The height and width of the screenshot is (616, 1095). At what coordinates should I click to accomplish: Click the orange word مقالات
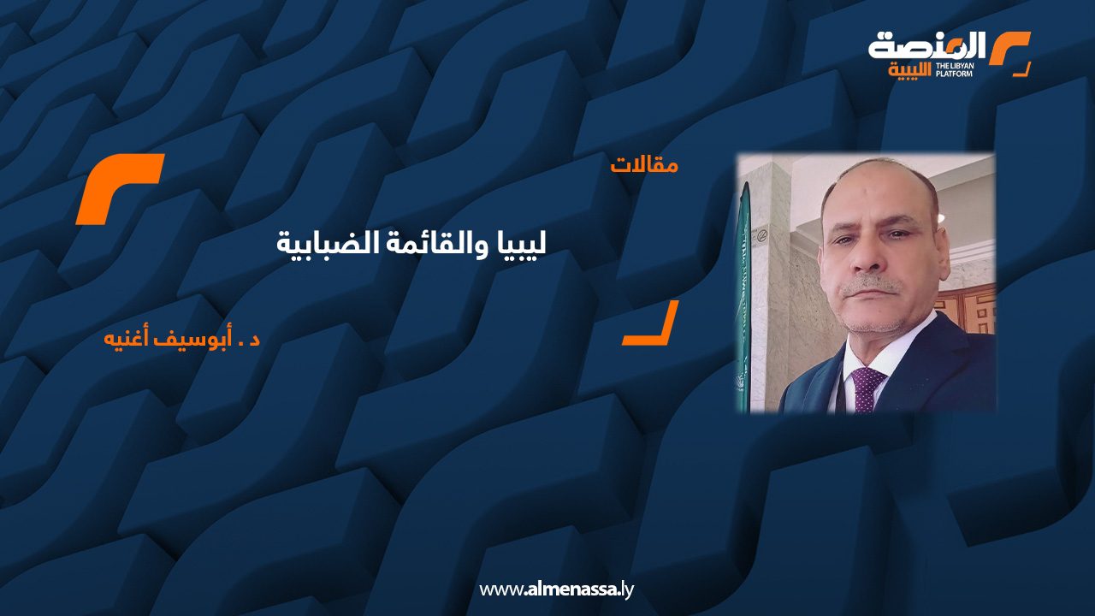click(644, 164)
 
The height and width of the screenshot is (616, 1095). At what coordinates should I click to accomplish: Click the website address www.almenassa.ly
click(556, 589)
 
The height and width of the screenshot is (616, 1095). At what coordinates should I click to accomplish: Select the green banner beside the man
click(744, 299)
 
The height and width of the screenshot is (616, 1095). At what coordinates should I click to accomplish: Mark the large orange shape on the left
click(119, 188)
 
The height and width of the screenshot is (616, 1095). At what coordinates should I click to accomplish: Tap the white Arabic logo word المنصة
click(927, 45)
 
